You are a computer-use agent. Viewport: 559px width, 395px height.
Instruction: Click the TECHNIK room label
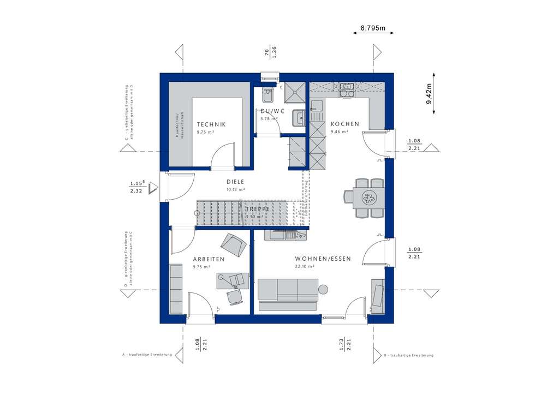tap(211, 124)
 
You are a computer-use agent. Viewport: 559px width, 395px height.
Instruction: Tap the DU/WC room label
tap(269, 111)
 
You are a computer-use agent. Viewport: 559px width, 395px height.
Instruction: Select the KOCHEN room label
tap(345, 124)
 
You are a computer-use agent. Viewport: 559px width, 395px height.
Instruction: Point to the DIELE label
tap(235, 182)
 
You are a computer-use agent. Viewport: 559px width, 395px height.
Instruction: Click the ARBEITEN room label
tap(209, 260)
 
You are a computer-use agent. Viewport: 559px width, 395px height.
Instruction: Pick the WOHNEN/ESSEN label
tap(323, 259)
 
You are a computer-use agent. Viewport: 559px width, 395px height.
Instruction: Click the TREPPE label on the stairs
tap(255, 210)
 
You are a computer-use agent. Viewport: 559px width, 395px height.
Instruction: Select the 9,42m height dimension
tap(430, 93)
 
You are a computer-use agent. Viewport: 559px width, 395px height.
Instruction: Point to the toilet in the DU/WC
tap(267, 95)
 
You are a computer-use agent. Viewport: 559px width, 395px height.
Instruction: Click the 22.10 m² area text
tap(304, 267)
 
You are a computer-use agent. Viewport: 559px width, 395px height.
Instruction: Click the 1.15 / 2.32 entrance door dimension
tap(136, 188)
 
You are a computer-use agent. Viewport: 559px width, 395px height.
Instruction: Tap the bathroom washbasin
tap(298, 116)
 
